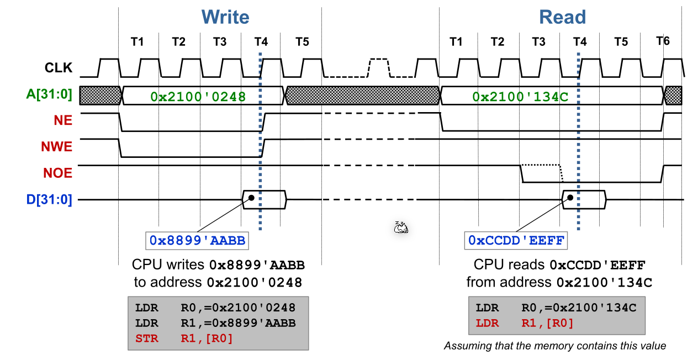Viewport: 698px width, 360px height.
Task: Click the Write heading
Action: [225, 17]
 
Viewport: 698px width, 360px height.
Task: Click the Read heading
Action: [562, 17]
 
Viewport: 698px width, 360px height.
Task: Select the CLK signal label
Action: [59, 68]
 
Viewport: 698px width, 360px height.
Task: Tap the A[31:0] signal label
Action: [49, 94]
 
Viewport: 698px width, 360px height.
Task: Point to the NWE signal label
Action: [56, 147]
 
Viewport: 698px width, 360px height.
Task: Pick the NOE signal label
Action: [57, 173]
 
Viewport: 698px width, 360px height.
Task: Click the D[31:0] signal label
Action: [49, 199]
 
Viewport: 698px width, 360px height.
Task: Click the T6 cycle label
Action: [663, 41]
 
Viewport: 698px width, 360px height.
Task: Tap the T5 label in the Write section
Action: [302, 41]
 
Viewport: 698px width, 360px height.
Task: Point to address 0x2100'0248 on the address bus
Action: [198, 96]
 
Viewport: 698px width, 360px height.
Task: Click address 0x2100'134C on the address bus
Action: [520, 96]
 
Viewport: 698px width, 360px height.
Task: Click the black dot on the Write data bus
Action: [251, 198]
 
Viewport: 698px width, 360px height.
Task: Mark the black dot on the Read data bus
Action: [570, 198]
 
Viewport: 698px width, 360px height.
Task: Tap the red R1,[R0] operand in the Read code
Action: [547, 323]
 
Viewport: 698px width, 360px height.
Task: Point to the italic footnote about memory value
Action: [555, 346]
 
